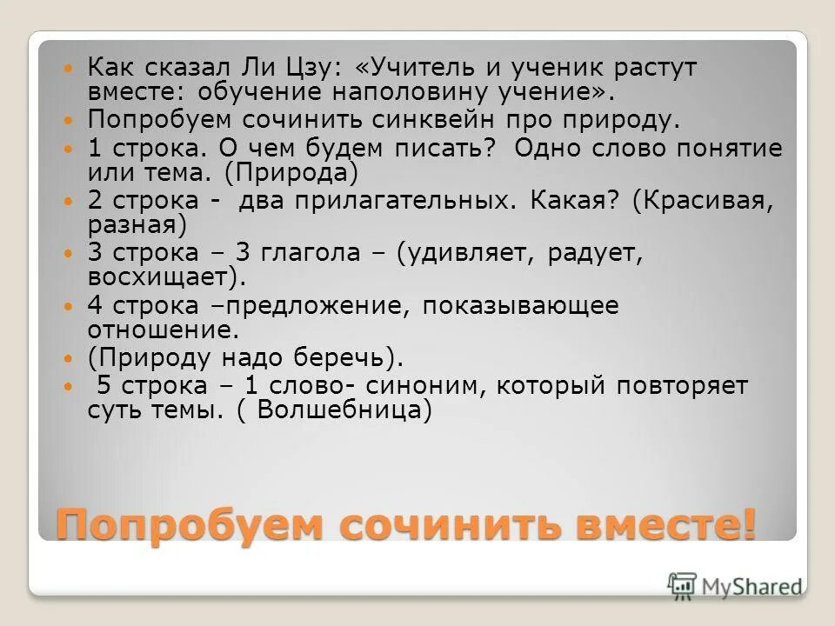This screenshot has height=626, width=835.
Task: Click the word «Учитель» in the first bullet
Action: click(x=428, y=67)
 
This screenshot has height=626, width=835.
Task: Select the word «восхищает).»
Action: click(x=166, y=277)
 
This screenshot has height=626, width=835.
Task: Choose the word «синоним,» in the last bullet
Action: click(x=441, y=385)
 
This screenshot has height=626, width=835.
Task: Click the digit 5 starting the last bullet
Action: click(x=103, y=385)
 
